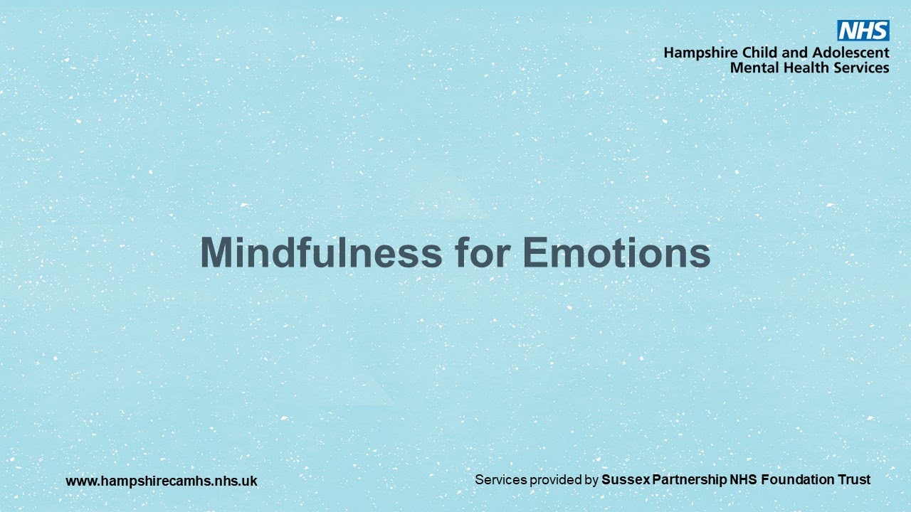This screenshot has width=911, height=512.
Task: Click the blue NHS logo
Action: point(863,31)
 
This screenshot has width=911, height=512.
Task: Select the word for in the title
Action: point(482,252)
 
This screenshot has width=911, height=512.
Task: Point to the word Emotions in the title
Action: point(616,252)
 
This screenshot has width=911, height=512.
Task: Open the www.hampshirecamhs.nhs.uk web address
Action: point(162,481)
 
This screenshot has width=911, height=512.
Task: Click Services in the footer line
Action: point(500,480)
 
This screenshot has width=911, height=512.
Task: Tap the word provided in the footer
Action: point(556,481)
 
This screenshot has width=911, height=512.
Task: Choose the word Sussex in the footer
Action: point(623,480)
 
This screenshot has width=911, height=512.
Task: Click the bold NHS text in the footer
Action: point(744,480)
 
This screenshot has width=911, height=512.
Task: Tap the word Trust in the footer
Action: point(853,480)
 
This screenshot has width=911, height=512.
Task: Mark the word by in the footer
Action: point(591,481)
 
